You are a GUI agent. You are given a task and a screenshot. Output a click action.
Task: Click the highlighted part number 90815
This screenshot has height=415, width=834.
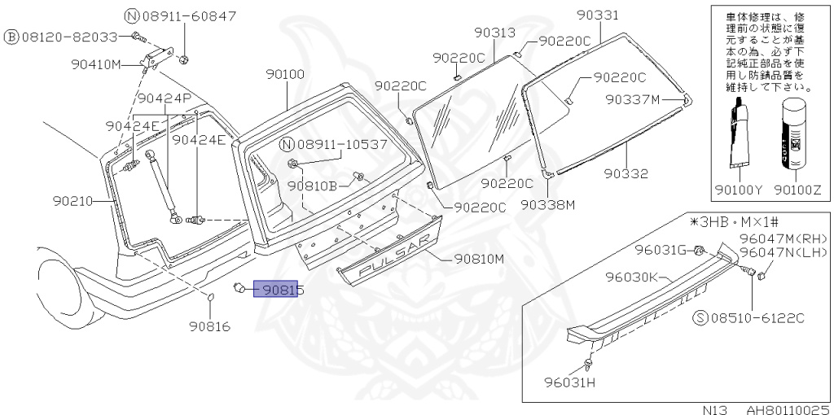(x=276, y=289)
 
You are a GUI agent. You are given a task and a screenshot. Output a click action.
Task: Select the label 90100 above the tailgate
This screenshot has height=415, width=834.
(x=286, y=74)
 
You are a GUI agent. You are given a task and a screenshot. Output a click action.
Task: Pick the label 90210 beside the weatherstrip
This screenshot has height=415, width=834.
(x=72, y=201)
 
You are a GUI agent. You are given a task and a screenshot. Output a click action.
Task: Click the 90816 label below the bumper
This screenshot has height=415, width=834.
(x=209, y=326)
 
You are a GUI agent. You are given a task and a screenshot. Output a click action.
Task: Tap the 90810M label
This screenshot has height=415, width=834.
(x=478, y=260)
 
